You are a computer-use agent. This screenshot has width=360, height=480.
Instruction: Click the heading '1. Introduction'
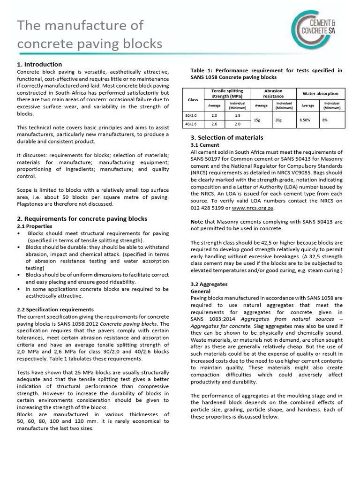pos(39,64)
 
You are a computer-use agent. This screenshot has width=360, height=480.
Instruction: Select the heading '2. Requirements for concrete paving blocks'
pos(82,218)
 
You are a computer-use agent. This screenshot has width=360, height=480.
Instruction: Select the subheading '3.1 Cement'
pos(205,145)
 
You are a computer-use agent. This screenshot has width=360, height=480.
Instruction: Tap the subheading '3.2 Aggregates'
pos(209,285)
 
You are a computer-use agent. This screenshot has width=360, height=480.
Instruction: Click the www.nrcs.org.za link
pos(253,207)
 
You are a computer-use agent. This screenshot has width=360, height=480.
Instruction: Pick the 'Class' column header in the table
pos(193,100)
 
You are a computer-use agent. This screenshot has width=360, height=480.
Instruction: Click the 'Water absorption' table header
pos(320,94)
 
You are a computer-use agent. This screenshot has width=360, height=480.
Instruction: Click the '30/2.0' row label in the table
pos(193,115)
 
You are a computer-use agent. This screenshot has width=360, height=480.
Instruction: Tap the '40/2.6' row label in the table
pos(193,124)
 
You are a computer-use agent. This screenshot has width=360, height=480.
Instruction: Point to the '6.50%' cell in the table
pos(304,120)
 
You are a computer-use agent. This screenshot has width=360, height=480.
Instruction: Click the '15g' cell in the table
pos(257,120)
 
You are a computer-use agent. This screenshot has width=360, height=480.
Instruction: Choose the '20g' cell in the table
pos(278,120)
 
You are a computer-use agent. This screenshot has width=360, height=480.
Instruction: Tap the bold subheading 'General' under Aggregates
pos(201,291)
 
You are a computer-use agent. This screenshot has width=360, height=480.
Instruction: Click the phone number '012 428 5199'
pos(210,207)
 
